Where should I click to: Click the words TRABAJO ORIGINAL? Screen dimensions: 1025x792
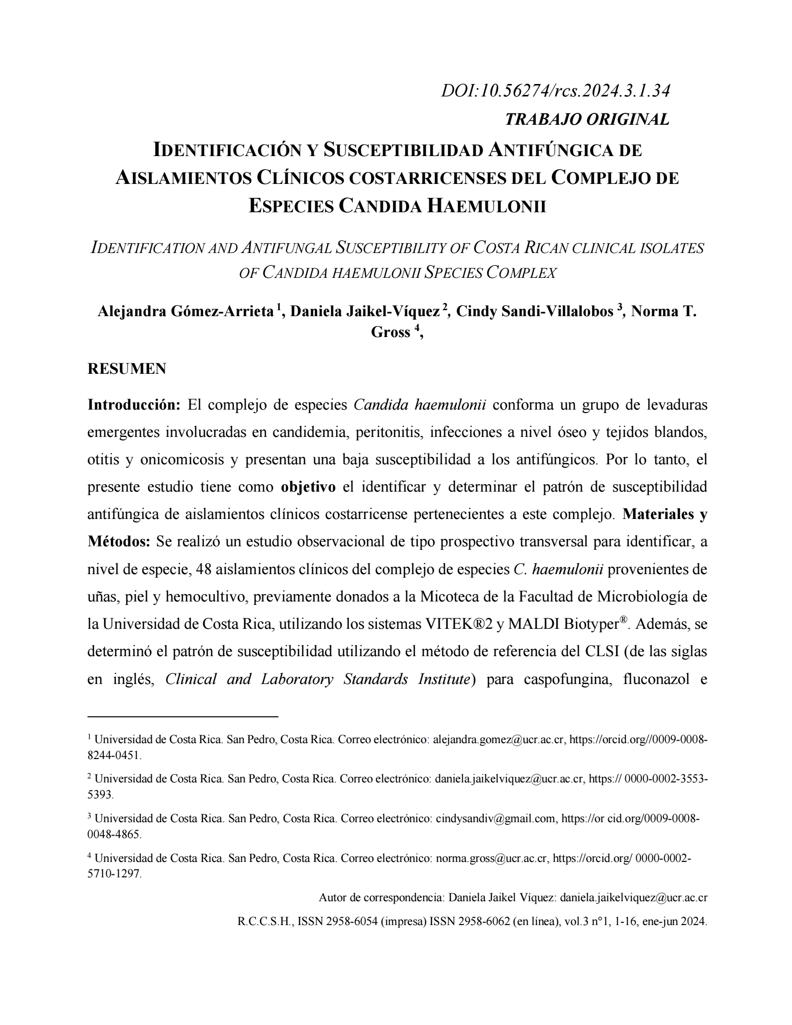click(587, 119)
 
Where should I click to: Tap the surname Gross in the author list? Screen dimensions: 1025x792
click(390, 332)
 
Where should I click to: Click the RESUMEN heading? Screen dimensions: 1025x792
click(127, 369)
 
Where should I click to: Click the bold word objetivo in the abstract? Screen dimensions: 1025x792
click(308, 487)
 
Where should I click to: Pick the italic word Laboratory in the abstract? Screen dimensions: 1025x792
click(297, 679)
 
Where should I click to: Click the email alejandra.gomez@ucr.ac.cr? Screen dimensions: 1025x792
click(499, 754)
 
